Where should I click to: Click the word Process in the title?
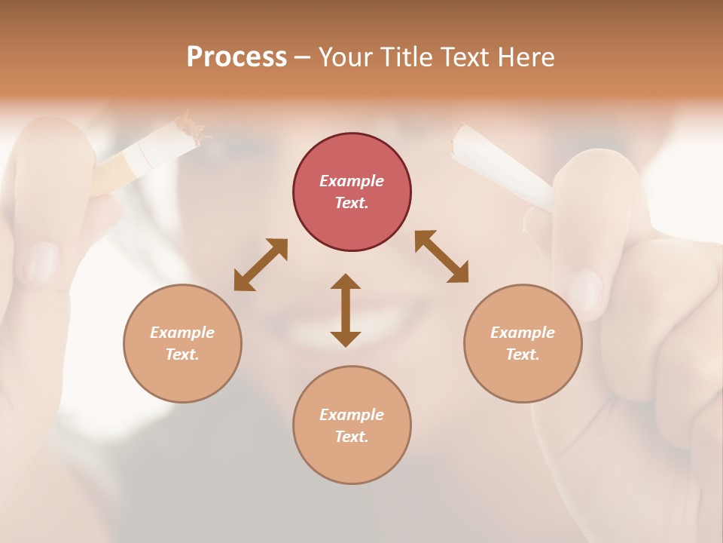236,57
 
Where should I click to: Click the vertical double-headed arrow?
346,310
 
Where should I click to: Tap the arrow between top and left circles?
261,265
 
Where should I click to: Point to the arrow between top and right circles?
442,256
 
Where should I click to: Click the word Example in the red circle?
352,181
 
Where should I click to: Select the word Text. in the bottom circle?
352,437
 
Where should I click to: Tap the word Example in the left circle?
182,333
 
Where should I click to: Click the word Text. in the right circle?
523,354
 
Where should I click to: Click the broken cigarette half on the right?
501,167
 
